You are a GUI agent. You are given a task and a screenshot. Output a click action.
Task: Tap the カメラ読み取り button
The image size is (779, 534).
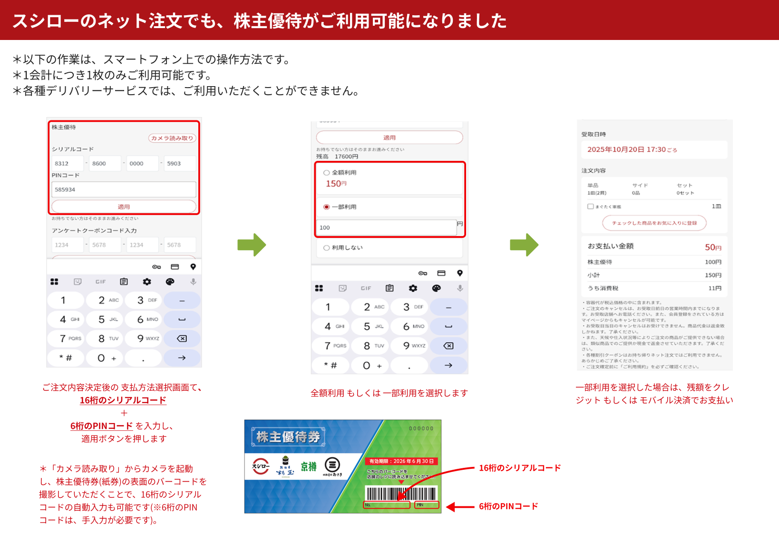coord(172,138)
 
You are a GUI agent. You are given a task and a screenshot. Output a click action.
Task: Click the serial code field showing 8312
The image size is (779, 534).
coord(67,163)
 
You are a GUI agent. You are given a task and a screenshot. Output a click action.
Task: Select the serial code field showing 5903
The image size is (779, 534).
coord(179,163)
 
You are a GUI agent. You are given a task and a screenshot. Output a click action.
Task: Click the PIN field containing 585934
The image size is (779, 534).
coord(124,189)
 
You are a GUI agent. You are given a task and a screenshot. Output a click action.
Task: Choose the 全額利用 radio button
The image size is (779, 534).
coord(327,173)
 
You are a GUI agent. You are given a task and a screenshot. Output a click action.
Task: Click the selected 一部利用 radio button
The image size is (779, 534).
coord(327,207)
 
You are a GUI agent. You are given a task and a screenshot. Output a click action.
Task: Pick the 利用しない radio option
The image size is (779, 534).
coord(327,248)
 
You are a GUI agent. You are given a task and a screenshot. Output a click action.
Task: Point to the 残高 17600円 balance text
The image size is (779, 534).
coord(337,157)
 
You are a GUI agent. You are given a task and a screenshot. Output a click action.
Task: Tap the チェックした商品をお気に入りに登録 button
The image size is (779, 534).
coord(654,223)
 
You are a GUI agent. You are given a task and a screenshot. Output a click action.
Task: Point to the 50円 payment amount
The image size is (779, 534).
coord(712,247)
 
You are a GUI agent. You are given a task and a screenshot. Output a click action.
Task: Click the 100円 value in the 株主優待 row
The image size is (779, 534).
coord(712,262)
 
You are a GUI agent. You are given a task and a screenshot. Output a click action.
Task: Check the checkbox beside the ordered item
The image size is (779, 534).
coord(591,207)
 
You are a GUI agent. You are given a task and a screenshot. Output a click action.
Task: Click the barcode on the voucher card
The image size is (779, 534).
coord(401,493)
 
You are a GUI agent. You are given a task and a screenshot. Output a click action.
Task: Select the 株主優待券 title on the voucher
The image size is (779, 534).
coord(288,437)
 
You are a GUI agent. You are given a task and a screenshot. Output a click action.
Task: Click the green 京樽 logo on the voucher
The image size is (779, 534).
coord(309,466)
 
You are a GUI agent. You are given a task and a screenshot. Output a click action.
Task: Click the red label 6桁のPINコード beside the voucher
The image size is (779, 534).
coord(508,506)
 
